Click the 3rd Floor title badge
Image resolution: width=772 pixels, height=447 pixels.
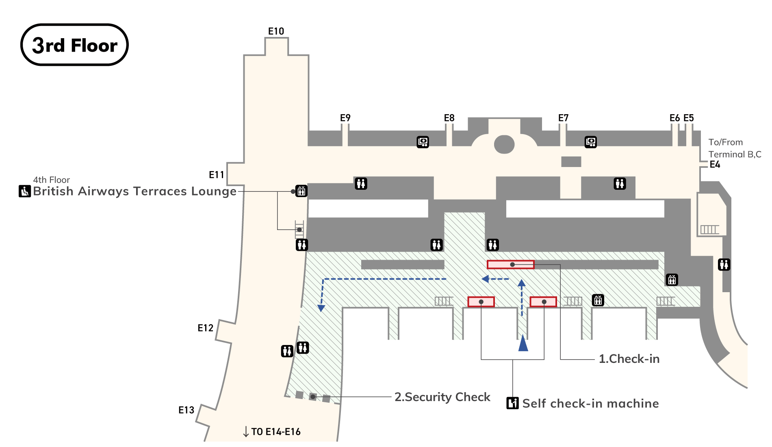coord(74,45)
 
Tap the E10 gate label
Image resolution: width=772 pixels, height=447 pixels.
coord(276,31)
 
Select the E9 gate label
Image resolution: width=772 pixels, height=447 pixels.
coord(345,118)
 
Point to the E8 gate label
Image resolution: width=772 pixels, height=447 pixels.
coord(449,118)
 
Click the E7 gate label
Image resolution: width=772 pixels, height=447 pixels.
coord(563,118)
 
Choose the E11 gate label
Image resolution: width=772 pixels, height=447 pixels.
coord(217,175)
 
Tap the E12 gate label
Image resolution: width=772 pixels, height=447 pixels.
coord(205,328)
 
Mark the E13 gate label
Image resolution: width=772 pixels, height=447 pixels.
coord(186,410)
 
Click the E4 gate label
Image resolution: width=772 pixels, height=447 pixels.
coord(715,165)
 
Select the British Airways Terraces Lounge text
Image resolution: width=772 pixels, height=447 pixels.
coord(134,191)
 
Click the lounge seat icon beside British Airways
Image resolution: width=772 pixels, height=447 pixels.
coord(25,191)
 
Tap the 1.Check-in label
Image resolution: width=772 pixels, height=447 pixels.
coord(629,359)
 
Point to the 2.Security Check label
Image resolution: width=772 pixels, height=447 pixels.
coord(442,397)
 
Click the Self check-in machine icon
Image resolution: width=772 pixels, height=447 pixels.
coord(512,403)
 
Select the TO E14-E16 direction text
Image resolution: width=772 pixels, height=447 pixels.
coord(275,432)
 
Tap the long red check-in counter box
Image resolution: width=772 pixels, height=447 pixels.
coord(510,265)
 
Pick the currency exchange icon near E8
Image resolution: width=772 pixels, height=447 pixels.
coord(423,142)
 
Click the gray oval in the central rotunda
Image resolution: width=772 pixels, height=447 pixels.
coord(504,144)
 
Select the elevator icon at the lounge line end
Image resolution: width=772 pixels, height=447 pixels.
coord(301,191)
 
